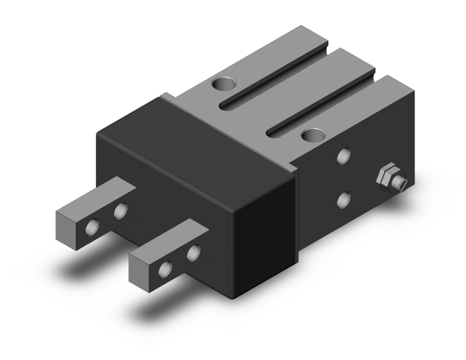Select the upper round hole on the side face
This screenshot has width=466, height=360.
(343, 156)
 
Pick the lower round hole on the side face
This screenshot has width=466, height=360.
(343, 200)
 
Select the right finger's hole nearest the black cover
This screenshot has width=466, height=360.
(194, 254)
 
